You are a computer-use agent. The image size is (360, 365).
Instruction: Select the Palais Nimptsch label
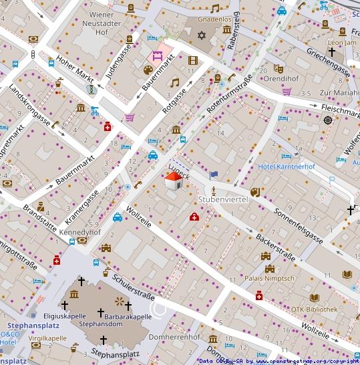(x=270, y=278)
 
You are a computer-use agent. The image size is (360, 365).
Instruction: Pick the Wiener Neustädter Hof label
(x=110, y=22)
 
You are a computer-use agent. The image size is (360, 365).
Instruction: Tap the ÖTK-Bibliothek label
(x=314, y=310)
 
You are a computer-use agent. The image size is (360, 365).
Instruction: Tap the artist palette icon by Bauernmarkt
(x=147, y=70)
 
